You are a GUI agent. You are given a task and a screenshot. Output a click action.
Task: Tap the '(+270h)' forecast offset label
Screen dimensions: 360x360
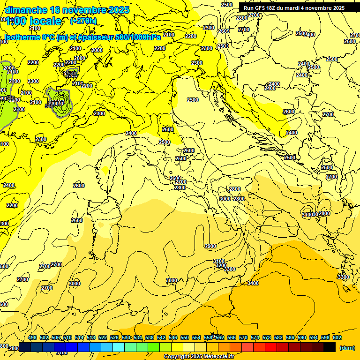[x=83, y=21]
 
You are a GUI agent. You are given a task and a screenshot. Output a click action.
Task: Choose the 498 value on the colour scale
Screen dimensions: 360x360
[x=32, y=337]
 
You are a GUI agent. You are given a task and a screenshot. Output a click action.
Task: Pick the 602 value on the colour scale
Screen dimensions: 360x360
[x=337, y=337]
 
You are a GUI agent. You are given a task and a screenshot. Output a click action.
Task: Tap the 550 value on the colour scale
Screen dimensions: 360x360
[x=185, y=337]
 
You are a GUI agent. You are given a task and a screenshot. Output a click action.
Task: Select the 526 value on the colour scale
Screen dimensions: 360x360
[x=114, y=337]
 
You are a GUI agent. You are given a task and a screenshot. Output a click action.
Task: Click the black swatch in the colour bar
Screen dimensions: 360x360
[x=330, y=347]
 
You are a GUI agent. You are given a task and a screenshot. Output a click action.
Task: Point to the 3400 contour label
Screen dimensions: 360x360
[x=253, y=283]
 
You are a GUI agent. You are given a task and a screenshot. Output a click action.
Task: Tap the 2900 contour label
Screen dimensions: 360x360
[x=210, y=246]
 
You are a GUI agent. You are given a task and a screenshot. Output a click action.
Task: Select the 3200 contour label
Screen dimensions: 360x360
[x=221, y=265]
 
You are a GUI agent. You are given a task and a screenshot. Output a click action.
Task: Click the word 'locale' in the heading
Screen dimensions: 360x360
[x=45, y=21]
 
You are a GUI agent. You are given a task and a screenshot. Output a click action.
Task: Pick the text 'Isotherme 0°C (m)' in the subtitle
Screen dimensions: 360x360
[x=34, y=37]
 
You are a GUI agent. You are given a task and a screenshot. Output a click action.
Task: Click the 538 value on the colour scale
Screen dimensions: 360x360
[x=150, y=337]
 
